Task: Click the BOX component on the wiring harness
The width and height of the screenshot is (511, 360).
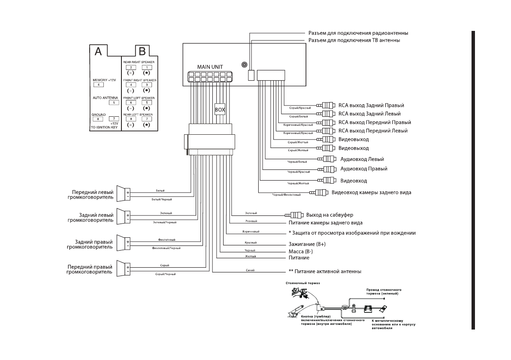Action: tap(220, 109)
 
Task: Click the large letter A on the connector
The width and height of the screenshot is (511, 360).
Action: tap(98, 52)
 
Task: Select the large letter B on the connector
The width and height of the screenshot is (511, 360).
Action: tap(142, 52)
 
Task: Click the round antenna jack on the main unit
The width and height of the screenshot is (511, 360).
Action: tap(244, 65)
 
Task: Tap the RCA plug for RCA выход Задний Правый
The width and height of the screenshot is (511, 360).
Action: tap(326, 106)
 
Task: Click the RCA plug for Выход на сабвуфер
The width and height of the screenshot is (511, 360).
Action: tap(295, 215)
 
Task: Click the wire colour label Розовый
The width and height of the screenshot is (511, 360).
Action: tap(251, 222)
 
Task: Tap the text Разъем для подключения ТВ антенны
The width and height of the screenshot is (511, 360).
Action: tap(354, 40)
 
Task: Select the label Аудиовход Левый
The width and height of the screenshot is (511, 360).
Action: tap(362, 159)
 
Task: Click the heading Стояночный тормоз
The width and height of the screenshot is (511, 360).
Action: tap(303, 284)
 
